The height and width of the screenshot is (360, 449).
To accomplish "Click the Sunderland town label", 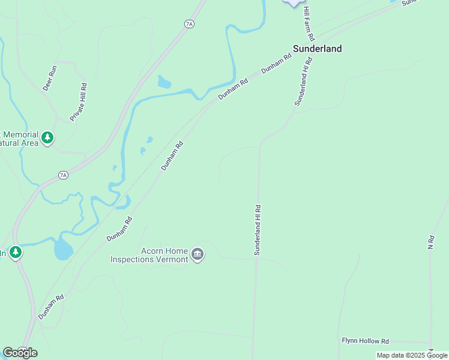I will [x=317, y=49].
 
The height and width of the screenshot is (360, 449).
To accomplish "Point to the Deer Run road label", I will [x=49, y=78].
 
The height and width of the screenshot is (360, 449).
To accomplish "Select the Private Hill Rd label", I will [x=79, y=103].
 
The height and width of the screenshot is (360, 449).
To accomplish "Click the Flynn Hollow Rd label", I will [x=365, y=341].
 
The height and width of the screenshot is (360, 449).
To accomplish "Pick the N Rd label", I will [x=430, y=242].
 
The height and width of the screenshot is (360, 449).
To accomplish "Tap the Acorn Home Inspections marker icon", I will [x=197, y=256].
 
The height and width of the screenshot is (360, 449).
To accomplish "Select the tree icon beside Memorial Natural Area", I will [x=47, y=139].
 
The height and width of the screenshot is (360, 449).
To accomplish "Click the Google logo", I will [x=20, y=352].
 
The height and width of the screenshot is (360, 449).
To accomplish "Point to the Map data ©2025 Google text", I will [x=412, y=355].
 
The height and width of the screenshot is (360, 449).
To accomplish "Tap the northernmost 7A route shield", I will [x=190, y=24].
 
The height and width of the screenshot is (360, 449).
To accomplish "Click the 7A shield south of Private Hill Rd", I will [x=63, y=175].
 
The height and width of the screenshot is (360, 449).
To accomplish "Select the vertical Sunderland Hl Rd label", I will [x=258, y=230].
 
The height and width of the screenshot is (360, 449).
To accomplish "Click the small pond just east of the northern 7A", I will [x=164, y=82].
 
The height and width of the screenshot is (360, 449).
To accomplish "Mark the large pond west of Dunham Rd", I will [x=63, y=248].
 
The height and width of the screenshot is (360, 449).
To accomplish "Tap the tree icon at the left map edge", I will [x=16, y=253].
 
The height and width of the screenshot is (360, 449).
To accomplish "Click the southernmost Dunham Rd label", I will [x=51, y=307].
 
